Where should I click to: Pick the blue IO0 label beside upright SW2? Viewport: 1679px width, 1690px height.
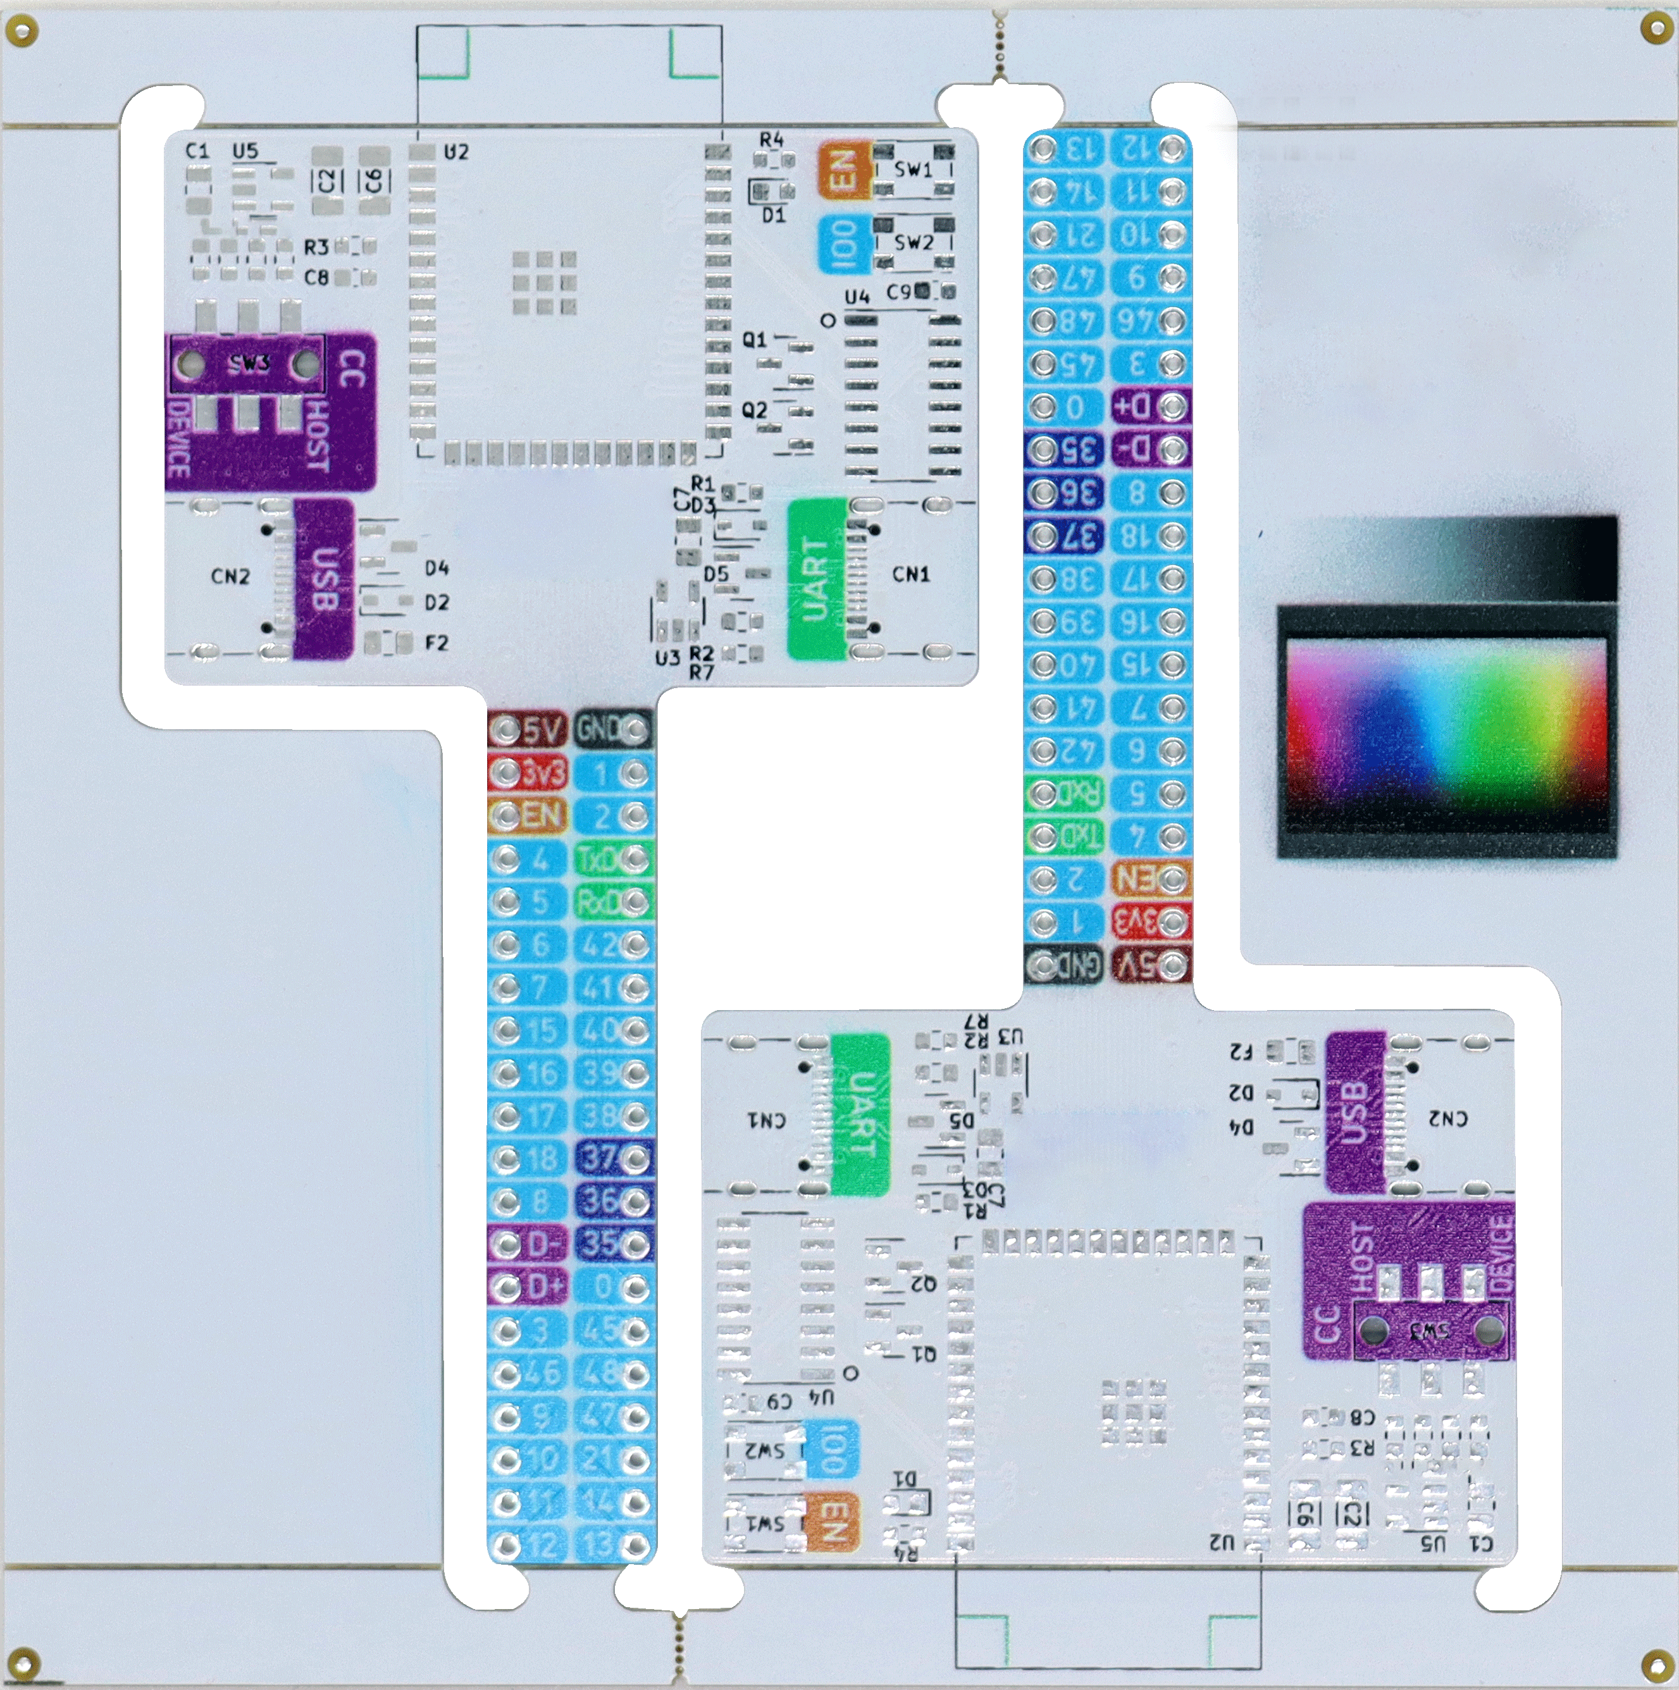click(843, 242)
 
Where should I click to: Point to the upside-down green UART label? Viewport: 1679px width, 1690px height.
click(860, 1114)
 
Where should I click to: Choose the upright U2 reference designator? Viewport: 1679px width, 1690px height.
click(456, 152)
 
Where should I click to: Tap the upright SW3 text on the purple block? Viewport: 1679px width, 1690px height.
click(249, 363)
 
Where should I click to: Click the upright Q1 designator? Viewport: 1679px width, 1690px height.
click(754, 340)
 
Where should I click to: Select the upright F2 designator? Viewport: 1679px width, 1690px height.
click(437, 643)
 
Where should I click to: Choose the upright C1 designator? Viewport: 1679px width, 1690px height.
click(198, 151)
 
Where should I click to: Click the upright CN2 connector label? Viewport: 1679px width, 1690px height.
click(230, 576)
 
